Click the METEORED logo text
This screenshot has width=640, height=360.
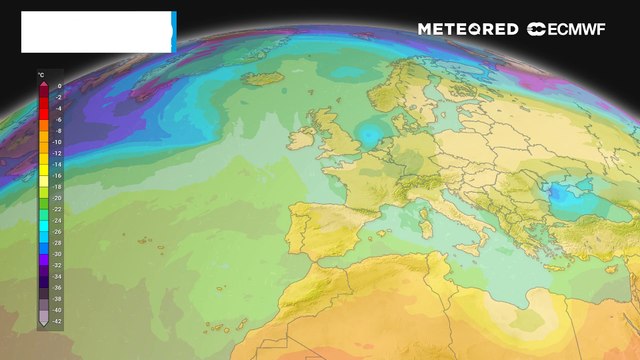pos(468,29)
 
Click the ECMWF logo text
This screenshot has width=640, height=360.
pos(572,29)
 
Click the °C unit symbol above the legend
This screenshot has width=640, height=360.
pos(41,75)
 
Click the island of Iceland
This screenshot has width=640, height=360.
pos(264,77)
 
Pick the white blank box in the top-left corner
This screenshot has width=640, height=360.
pos(97,32)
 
